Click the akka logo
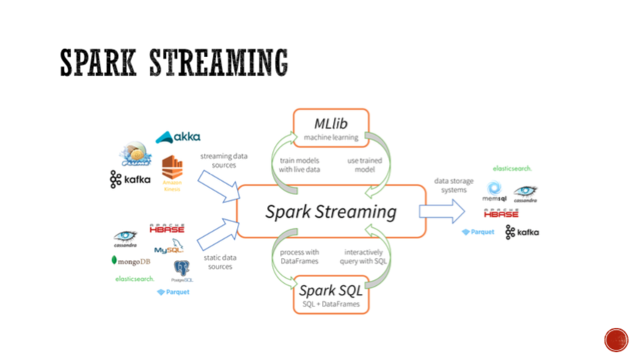coord(178,137)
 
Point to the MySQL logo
coord(168,249)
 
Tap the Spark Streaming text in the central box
coord(331,213)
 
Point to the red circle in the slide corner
coord(616,339)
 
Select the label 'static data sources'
coord(218,262)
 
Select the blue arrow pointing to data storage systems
coord(441,212)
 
